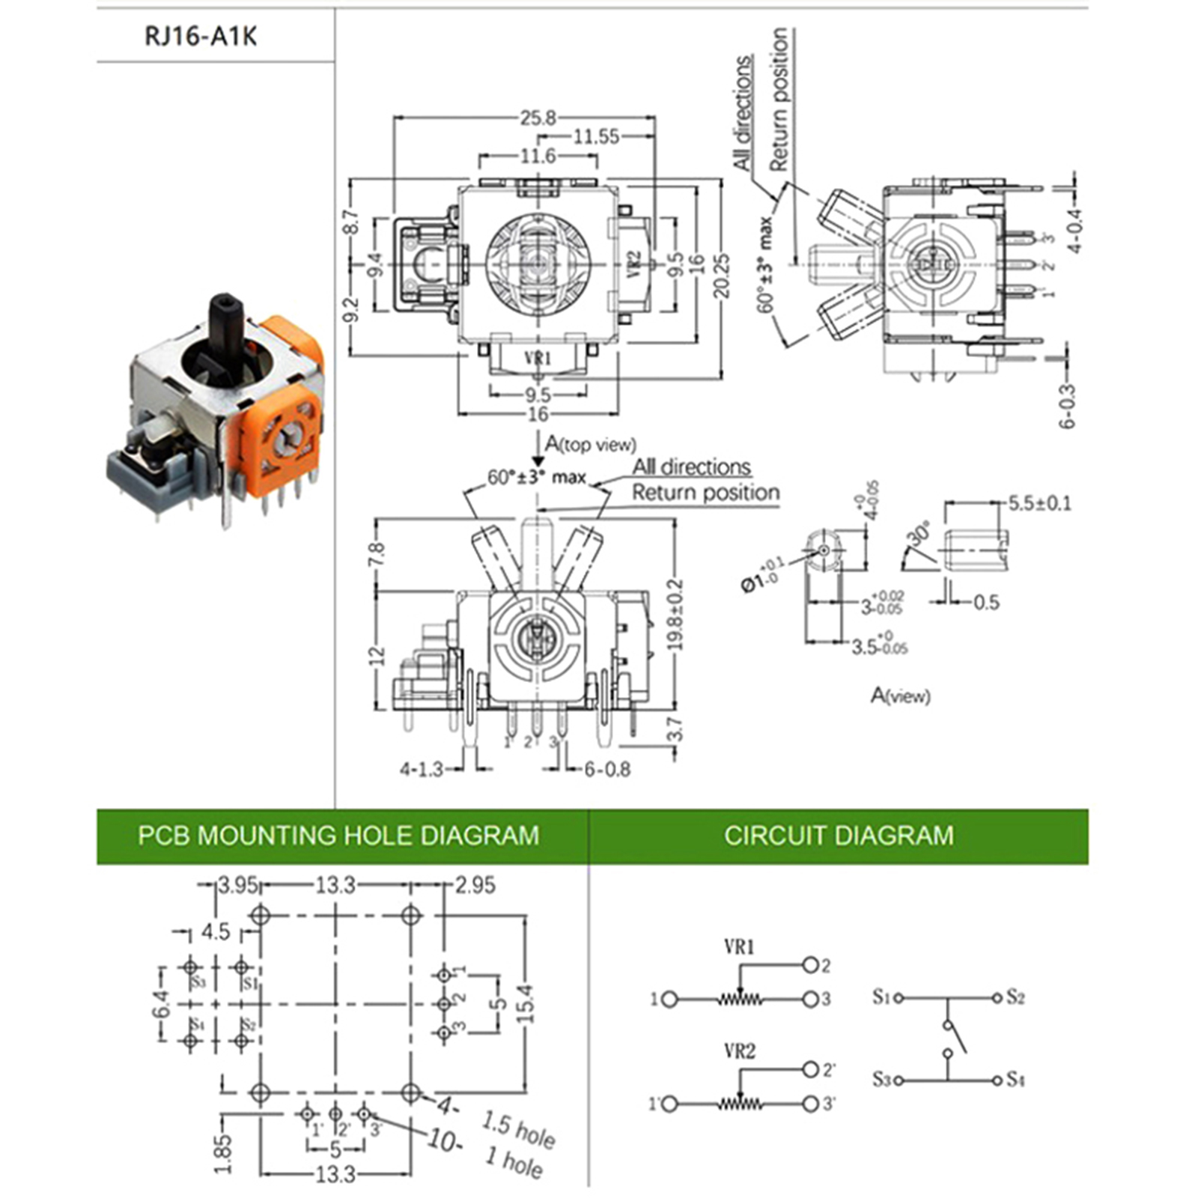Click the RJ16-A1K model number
[x=200, y=36]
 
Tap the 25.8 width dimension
[x=538, y=118]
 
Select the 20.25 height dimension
[x=720, y=277]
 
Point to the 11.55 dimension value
[x=596, y=136]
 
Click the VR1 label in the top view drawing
[x=538, y=359]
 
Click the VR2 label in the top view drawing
[x=633, y=264]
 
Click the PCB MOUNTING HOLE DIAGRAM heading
[x=338, y=835]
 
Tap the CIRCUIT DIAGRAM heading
[x=839, y=835]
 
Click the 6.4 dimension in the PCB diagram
[x=160, y=1003]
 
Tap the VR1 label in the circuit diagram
[x=739, y=947]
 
